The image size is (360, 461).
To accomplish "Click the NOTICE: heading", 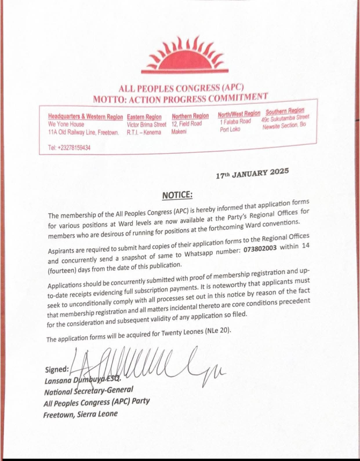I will pyautogui.click(x=177, y=195).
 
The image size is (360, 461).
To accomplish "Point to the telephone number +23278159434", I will pyautogui.click(x=69, y=148).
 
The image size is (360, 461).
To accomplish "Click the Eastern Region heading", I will pyautogui.click(x=144, y=117).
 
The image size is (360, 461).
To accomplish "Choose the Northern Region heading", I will pyautogui.click(x=190, y=116).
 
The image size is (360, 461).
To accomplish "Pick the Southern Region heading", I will pyautogui.click(x=285, y=111).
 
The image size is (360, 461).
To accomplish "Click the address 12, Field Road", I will pyautogui.click(x=186, y=124).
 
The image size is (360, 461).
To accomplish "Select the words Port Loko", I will pyautogui.click(x=230, y=129).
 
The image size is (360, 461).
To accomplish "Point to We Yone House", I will pyautogui.click(x=66, y=125).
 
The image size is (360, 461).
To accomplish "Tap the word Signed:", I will pyautogui.click(x=57, y=369).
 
